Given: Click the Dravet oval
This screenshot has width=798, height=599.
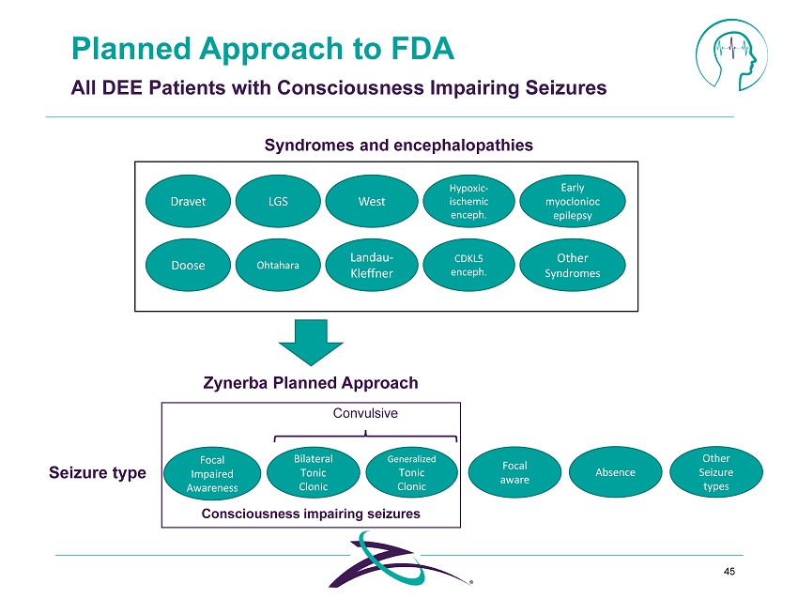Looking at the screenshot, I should (188, 201).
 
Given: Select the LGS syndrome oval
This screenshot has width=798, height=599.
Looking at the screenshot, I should (277, 201).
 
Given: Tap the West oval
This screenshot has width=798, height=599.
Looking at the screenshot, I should (371, 201).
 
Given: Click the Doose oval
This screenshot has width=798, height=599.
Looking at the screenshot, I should (188, 265).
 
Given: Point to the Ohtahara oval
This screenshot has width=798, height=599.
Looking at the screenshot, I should (277, 265).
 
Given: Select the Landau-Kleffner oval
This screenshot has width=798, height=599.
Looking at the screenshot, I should (371, 265).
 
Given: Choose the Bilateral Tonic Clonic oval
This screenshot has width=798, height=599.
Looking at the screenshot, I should (314, 472).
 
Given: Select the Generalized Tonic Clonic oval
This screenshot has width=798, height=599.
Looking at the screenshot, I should (411, 472).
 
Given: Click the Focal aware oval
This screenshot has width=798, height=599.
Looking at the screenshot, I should (514, 472).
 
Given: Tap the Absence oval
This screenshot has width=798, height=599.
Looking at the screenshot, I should (616, 472).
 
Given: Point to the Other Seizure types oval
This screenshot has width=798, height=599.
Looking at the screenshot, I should (715, 472).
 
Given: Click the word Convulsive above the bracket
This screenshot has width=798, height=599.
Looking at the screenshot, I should (366, 413).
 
